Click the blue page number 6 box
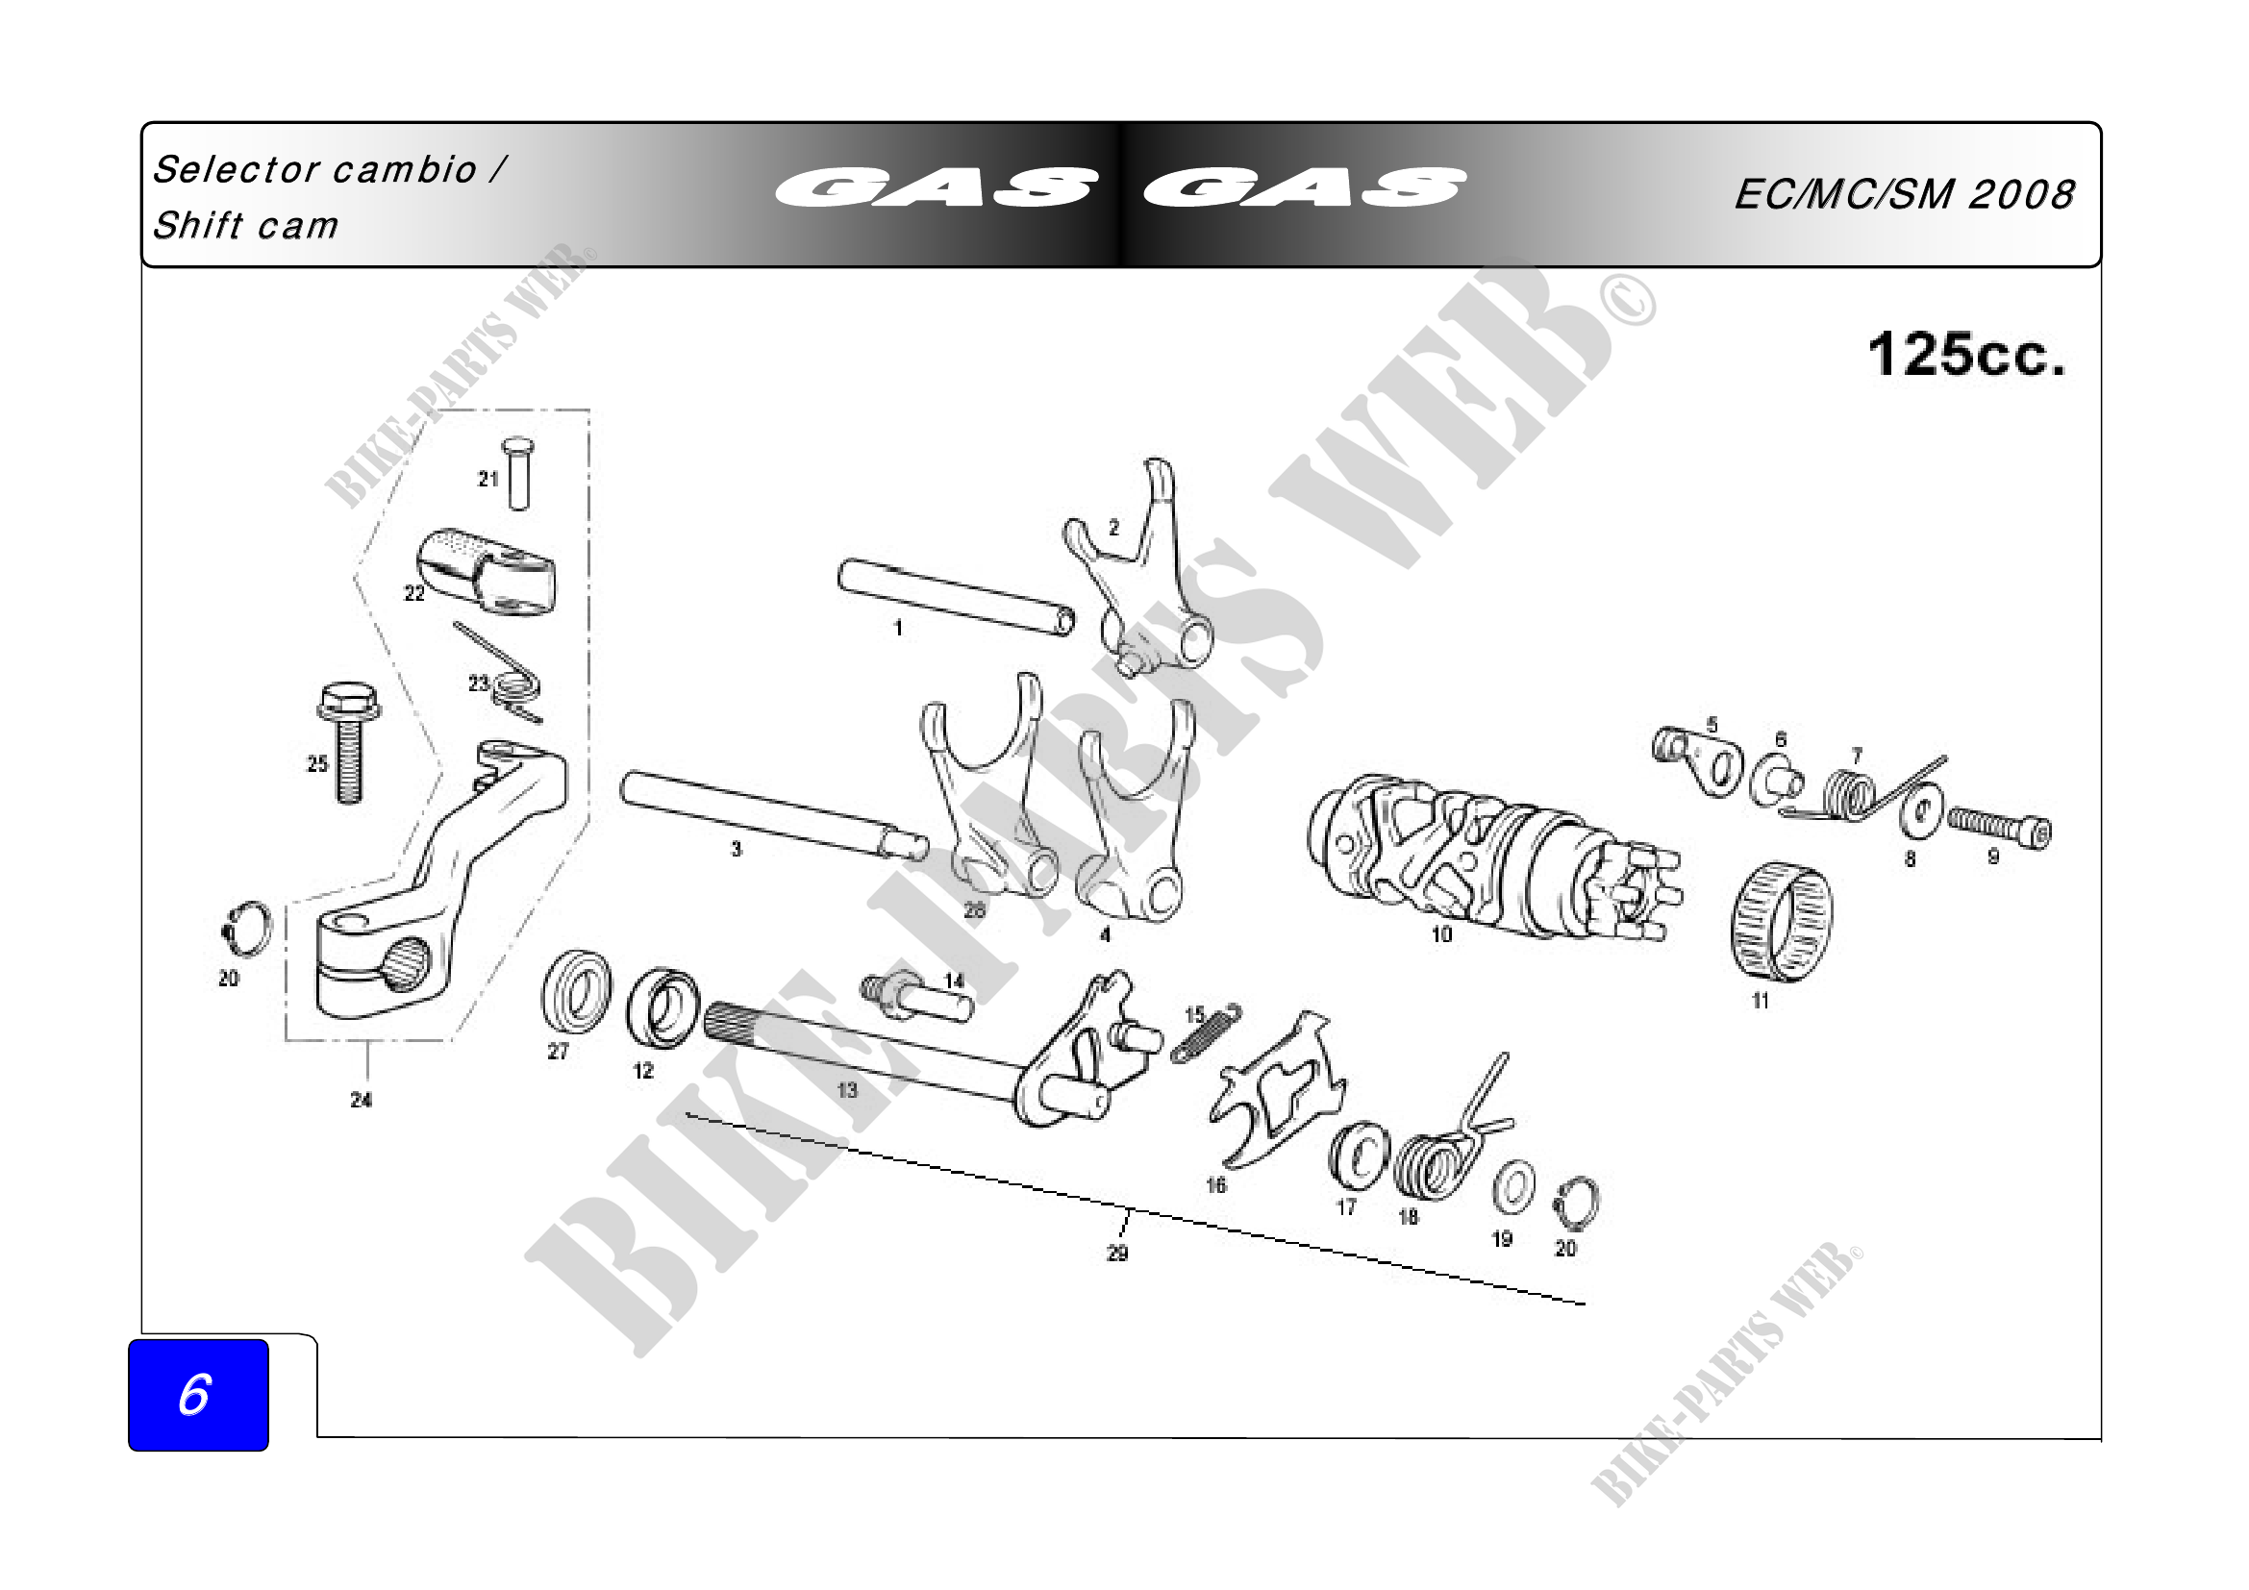click(x=198, y=1394)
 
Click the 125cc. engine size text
click(x=1967, y=355)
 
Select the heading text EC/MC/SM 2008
click(x=1904, y=195)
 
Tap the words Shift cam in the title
click(x=246, y=226)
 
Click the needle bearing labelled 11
click(x=1781, y=922)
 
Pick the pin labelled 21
click(x=518, y=474)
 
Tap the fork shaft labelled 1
click(x=956, y=596)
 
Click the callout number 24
click(x=362, y=1101)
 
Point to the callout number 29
click(x=1117, y=1254)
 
